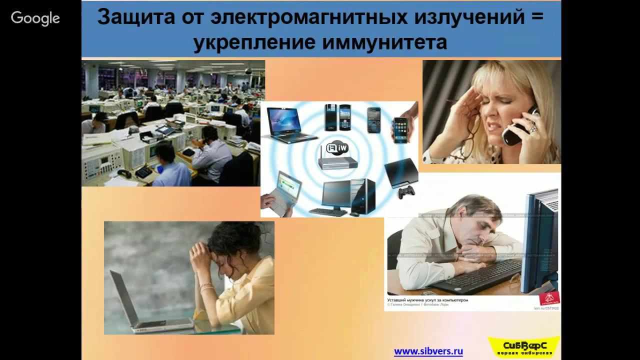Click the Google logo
click(x=35, y=18)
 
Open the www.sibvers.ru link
click(x=428, y=351)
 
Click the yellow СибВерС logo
click(x=523, y=346)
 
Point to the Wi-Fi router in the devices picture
click(x=338, y=156)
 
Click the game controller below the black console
click(x=406, y=192)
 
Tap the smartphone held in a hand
click(x=400, y=130)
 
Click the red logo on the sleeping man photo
click(x=549, y=298)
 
